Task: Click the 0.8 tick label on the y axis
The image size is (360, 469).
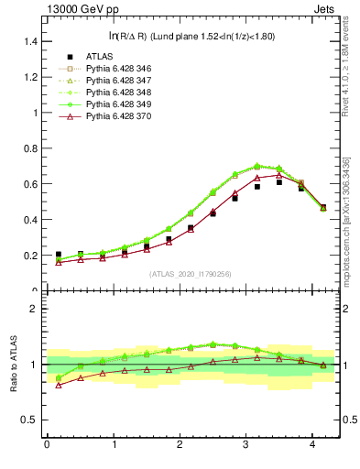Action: [28, 149]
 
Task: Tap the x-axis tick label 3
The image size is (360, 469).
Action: [245, 446]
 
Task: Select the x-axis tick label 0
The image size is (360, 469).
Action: [47, 446]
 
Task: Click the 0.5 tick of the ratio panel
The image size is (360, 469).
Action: [28, 420]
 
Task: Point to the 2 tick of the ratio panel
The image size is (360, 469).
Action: [33, 309]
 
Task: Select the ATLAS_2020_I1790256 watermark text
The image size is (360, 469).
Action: [191, 274]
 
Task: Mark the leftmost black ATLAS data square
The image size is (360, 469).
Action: [59, 255]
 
